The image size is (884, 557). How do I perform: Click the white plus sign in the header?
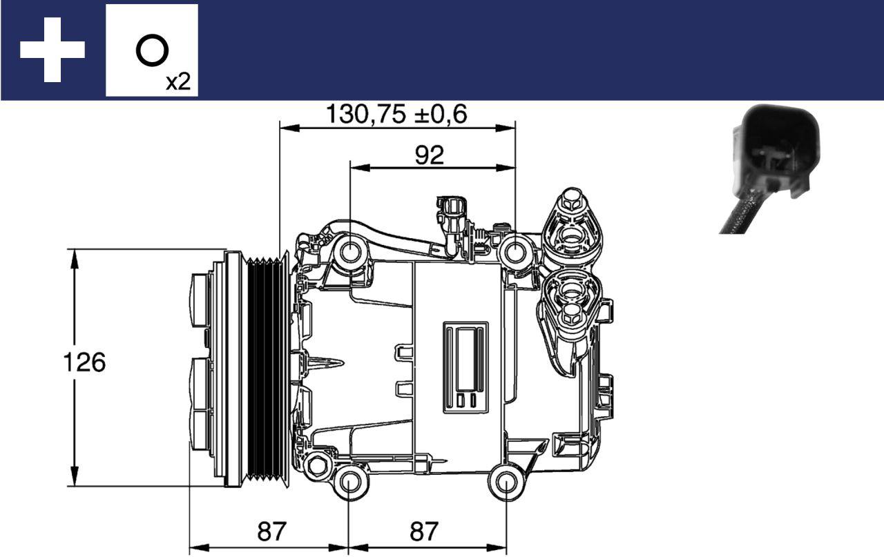coord(52,50)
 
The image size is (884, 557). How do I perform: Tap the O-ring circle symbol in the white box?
coord(152,51)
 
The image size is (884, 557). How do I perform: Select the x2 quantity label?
coord(177,82)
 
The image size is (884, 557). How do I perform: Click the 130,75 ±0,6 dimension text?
coord(396,115)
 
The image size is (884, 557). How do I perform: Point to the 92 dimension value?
coord(429,155)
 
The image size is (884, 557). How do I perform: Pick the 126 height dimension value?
coord(84,362)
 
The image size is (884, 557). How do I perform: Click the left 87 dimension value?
coord(272,531)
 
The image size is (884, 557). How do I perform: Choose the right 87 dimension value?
coord(424,531)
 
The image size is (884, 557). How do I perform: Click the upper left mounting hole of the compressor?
coord(350,253)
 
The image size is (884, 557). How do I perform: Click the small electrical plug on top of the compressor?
coord(452,208)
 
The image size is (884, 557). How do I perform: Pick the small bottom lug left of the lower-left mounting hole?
coord(317,465)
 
